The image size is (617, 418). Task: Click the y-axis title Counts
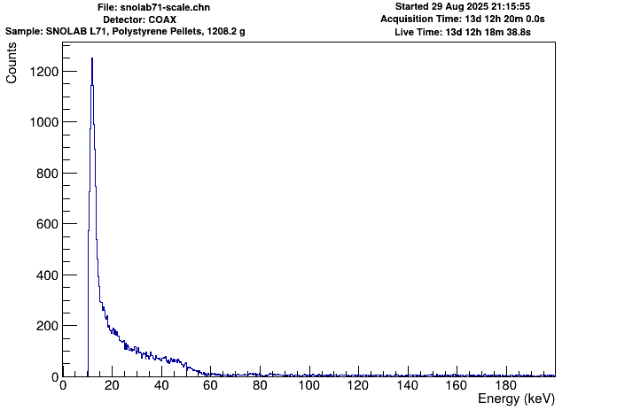coord(12,66)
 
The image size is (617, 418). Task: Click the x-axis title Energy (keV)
coord(516,400)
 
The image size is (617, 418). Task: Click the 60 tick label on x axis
coord(210,386)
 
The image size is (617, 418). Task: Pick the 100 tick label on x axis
coord(308,386)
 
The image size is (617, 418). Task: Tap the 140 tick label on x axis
coord(407,386)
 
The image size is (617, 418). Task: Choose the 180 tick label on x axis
coord(505,386)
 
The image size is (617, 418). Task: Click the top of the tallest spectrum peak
coord(91,58)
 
